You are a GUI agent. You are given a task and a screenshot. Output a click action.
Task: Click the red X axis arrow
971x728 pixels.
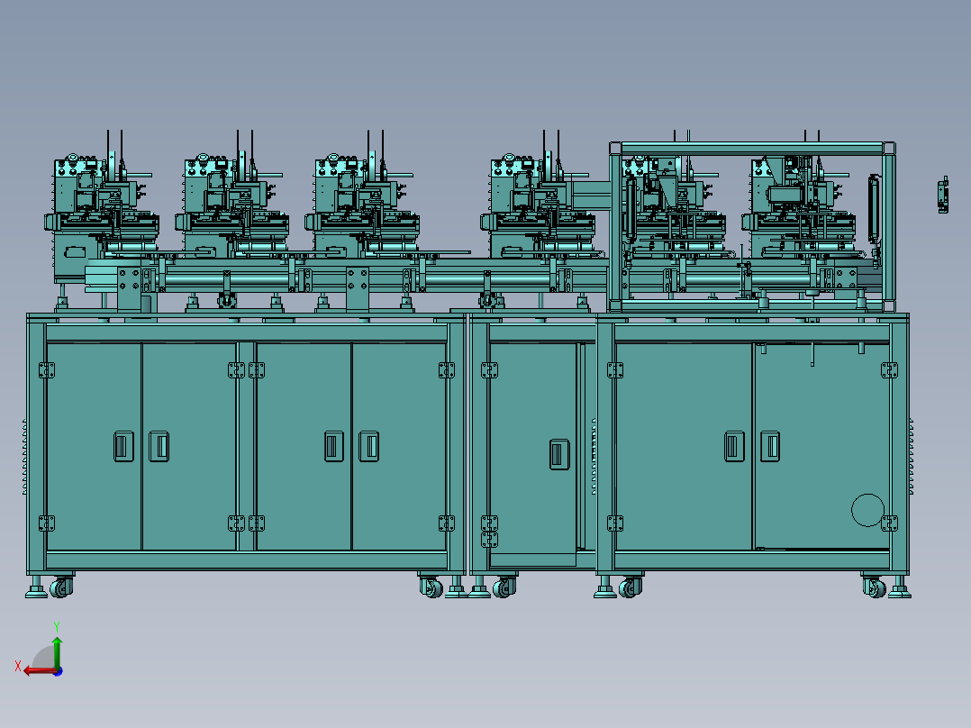coord(41,671)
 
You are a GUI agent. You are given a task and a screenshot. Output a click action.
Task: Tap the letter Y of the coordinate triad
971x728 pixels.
coord(57,627)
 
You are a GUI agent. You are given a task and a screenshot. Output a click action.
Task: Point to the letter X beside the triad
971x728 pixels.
coord(18,667)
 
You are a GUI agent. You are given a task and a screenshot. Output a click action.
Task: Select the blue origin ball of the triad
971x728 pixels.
coord(58,671)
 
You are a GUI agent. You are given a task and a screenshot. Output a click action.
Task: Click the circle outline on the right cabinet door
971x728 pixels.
coord(867,510)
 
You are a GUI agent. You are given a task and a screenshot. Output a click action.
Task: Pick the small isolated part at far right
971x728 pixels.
coord(943,195)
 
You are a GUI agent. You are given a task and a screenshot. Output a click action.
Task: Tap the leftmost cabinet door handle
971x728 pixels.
coord(124,446)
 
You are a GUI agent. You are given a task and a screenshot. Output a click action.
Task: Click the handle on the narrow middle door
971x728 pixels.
coord(559,453)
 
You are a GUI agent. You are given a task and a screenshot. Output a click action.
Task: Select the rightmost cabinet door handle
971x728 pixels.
coord(770,446)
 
